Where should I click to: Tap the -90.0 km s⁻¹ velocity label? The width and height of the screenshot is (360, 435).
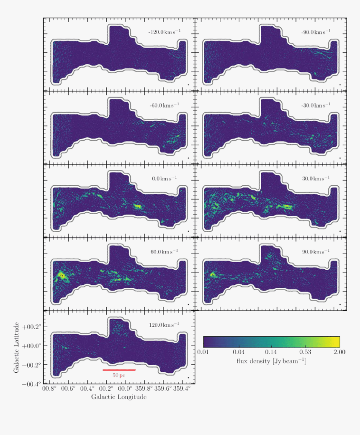[x=316, y=32]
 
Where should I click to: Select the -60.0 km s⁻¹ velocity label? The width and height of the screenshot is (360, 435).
[x=164, y=105]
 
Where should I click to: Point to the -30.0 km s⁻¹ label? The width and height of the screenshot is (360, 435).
[x=316, y=105]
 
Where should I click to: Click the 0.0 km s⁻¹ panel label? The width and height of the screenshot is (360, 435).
[x=164, y=179]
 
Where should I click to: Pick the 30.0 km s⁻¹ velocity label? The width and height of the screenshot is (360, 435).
[x=316, y=179]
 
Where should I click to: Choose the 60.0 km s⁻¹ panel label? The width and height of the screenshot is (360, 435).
[x=164, y=252]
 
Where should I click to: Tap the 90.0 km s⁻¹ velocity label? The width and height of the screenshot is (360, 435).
[x=316, y=252]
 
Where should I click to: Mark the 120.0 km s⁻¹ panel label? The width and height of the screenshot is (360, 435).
[x=164, y=325]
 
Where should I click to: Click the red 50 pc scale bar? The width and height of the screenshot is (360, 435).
[x=119, y=370]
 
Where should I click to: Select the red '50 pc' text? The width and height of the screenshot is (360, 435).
[x=119, y=376]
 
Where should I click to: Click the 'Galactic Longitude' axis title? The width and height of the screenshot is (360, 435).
[x=119, y=397]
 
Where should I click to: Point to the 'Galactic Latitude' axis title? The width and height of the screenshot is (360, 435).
[x=16, y=348]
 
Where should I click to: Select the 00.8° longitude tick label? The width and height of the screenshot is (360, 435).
[x=49, y=389]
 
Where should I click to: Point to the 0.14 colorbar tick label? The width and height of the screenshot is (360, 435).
[x=271, y=352]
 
